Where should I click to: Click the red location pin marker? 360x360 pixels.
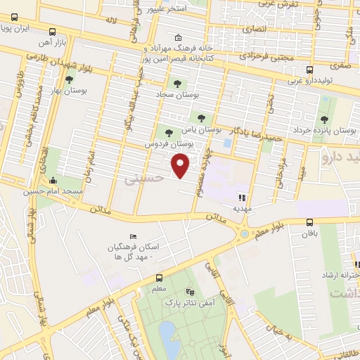(x=181, y=166)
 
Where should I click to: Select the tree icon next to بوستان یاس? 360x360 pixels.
(x=202, y=119)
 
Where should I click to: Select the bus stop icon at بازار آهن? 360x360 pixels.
(x=53, y=32)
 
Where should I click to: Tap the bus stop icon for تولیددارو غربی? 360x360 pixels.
(x=309, y=70)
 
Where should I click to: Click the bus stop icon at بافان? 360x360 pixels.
(x=310, y=221)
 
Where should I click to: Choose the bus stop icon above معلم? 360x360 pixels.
(x=158, y=278)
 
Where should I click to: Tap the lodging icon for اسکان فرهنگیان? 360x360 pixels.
(x=132, y=237)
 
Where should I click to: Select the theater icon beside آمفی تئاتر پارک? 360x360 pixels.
(x=189, y=291)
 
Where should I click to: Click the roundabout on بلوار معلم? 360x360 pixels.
(x=244, y=233)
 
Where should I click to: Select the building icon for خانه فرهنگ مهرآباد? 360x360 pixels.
(x=179, y=37)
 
